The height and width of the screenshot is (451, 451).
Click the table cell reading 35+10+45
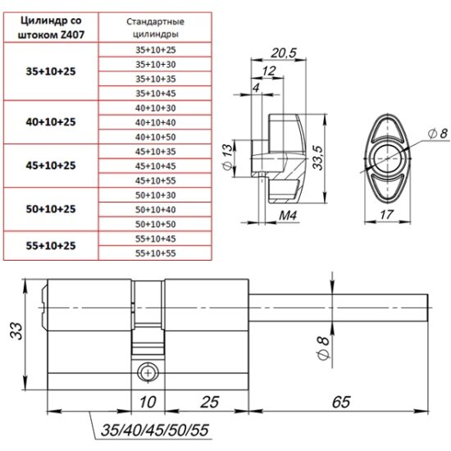[x=155, y=93]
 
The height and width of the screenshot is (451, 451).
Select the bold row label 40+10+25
[x=51, y=122]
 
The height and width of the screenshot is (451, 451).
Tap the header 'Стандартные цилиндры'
[x=155, y=28]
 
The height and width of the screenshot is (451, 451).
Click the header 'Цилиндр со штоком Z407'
[x=51, y=28]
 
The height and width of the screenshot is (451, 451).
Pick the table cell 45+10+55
[x=155, y=180]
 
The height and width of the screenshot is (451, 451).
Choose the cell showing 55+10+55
[x=155, y=253]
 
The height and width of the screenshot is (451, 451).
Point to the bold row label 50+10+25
[x=51, y=209]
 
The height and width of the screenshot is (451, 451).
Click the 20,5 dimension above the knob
[x=284, y=53]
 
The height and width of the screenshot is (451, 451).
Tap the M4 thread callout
[x=288, y=215]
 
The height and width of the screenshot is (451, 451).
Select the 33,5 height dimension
[x=318, y=157]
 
